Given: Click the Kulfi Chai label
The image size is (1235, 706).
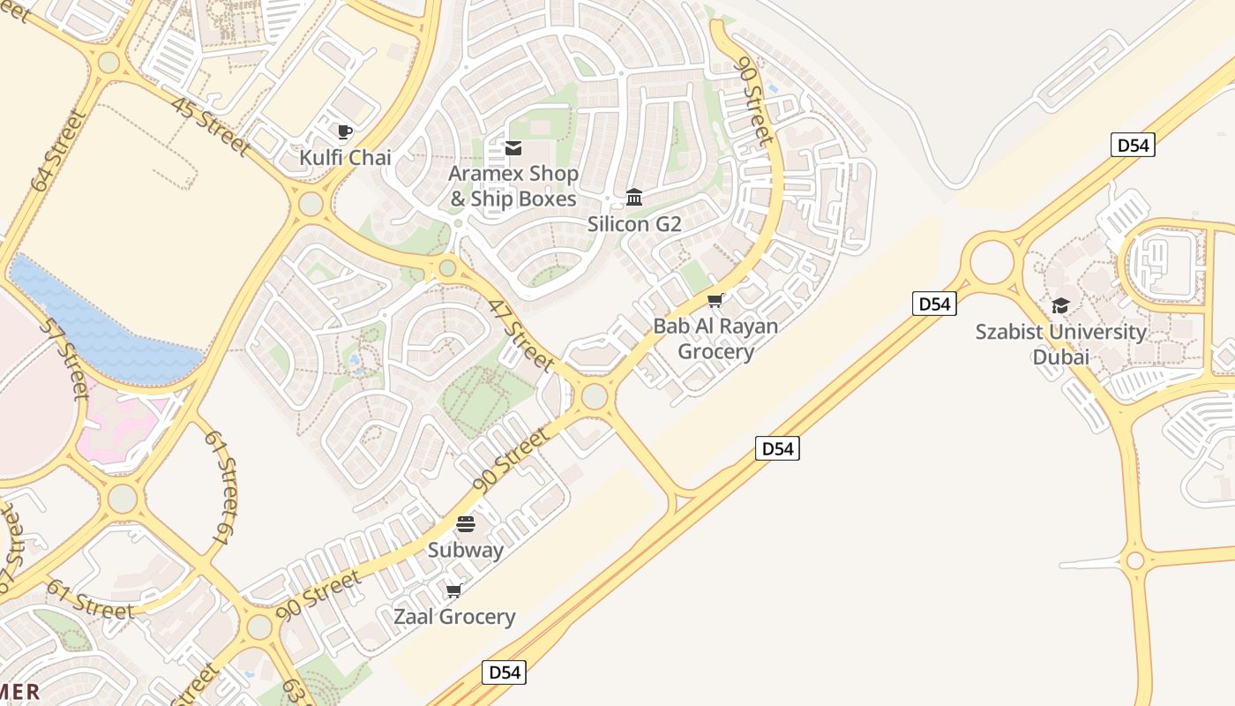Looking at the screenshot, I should pos(345,158).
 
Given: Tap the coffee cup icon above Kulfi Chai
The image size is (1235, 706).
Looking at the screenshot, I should pos(345,132).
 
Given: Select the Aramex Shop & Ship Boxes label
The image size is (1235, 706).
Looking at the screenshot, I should pos(513,186).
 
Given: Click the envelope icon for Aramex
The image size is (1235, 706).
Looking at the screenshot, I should pos(513,148).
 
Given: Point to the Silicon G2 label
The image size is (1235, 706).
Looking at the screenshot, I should pos(634,224).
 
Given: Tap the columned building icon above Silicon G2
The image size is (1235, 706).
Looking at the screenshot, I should pos(634,196).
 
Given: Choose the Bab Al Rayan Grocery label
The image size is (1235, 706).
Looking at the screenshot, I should pos(715,339).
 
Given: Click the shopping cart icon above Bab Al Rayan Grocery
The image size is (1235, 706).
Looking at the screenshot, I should pos(715,301).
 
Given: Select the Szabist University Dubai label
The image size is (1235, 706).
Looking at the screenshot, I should pos(1061,344).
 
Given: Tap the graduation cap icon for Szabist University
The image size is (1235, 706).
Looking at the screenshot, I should pos(1060,305).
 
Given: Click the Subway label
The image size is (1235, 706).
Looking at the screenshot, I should pos(466,550).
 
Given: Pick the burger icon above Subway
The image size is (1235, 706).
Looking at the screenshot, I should pos(466,524).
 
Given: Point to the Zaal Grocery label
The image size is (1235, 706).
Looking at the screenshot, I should pos(454,616).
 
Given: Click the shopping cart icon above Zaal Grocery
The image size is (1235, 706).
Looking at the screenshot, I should pos(454,590).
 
